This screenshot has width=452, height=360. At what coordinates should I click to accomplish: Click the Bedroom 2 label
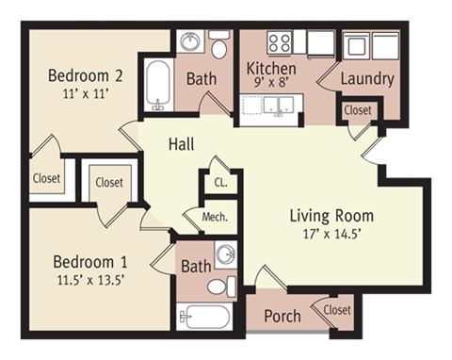pos(85,75)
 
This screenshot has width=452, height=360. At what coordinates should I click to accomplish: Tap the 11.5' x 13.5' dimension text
pos(91,280)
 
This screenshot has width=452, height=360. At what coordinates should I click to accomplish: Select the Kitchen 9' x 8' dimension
pos(271,82)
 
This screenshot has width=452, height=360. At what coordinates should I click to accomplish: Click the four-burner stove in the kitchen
pos(280,42)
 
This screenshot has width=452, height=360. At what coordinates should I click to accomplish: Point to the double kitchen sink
pos(279,106)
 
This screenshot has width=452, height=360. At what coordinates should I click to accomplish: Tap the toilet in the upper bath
pos(218,44)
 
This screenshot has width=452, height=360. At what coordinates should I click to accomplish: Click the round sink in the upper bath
pos(190,41)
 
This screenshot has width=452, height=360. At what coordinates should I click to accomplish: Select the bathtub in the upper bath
pos(158,85)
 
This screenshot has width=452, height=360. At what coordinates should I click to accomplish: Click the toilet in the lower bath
pos(221,286)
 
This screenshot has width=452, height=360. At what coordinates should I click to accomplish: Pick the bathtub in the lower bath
pos(204,317)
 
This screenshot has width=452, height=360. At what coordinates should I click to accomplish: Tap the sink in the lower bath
pos(226,254)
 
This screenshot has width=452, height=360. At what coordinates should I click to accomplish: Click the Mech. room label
pos(215,217)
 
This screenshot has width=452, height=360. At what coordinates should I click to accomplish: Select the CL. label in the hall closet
pos(220,183)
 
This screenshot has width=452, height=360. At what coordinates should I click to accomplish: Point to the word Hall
pos(182,144)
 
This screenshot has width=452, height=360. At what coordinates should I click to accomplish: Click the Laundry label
pos(367,79)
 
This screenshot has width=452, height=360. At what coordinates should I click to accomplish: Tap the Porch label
pos(282,316)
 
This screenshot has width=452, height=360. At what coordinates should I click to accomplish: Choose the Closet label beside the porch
pos(337,310)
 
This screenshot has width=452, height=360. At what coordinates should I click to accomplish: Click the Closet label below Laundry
pos(358,110)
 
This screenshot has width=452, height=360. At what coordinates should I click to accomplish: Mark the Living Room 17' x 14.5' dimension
pos(331,234)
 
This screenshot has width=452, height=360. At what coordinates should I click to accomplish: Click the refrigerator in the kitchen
pos(320,44)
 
